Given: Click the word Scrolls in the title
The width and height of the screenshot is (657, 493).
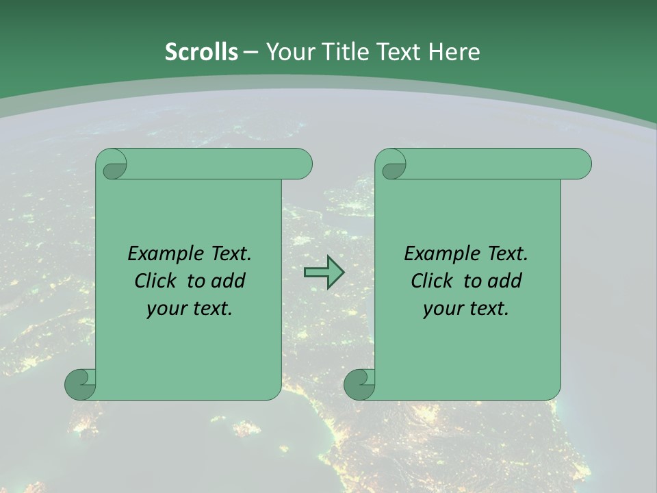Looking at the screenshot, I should (201, 52).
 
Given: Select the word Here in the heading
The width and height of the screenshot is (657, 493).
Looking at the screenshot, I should (454, 52).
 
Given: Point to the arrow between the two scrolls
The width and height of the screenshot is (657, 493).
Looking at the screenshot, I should (323, 273).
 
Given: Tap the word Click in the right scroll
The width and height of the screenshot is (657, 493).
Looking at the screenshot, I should (434, 281).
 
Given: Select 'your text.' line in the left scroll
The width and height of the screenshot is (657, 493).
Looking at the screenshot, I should (190, 309).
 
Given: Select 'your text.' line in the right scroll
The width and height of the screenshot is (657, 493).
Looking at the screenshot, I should (465, 309).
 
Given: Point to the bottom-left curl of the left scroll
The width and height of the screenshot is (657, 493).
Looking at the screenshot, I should (80, 384).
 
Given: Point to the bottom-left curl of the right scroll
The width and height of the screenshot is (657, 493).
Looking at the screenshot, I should (359, 384).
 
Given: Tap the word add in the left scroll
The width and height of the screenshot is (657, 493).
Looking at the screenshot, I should (229, 281).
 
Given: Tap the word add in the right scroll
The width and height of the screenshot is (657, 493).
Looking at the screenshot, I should (506, 281).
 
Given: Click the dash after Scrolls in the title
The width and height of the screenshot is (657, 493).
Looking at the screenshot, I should (250, 52).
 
